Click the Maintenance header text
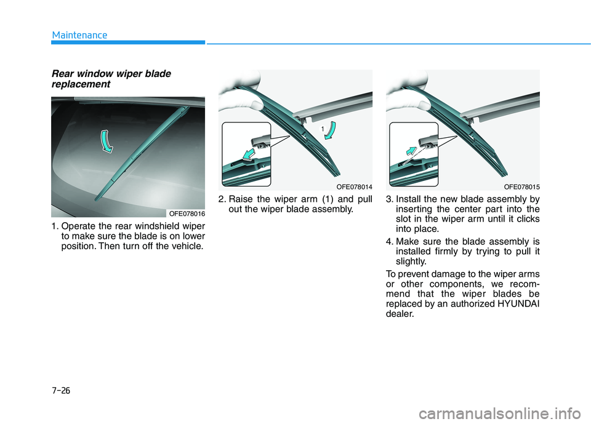(79, 35)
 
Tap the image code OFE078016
(186, 213)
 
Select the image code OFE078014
(354, 186)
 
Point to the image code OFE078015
(521, 186)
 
